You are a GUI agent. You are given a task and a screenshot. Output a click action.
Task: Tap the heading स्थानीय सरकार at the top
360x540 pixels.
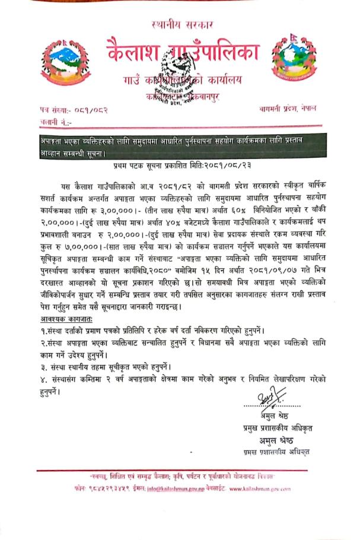[x=180, y=24]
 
